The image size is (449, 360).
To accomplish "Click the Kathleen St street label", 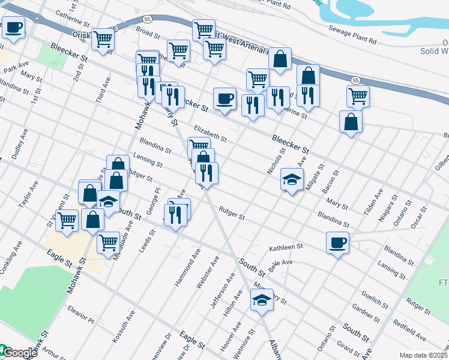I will point(286,247).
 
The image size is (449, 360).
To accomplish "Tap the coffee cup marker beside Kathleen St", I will point(337,242).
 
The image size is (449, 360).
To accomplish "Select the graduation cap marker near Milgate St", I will point(292,179).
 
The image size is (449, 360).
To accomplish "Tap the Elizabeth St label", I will point(209,133).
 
